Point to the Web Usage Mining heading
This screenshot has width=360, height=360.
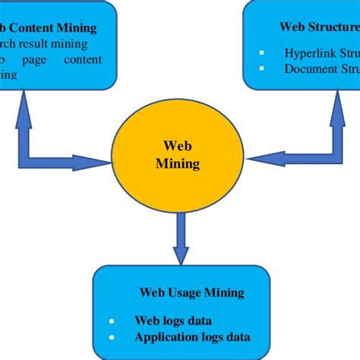pos(191,292)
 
